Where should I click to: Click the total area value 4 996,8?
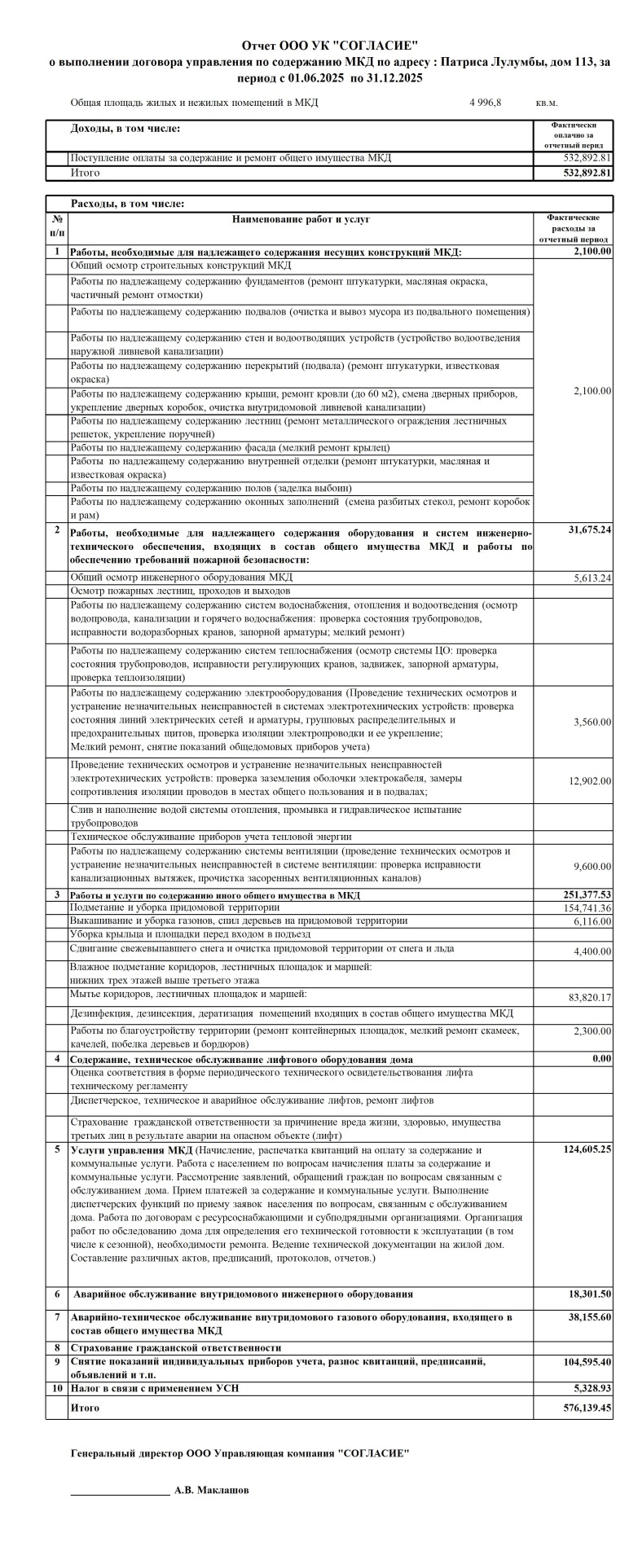pyautogui.click(x=486, y=103)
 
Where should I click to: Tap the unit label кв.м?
pyautogui.click(x=547, y=103)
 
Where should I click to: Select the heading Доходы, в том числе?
pyautogui.click(x=125, y=129)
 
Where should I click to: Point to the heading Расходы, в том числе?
pyautogui.click(x=128, y=204)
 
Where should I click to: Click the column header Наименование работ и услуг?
pyautogui.click(x=301, y=219)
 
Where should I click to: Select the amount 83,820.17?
pyautogui.click(x=589, y=997)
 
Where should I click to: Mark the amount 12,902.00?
pyautogui.click(x=590, y=781)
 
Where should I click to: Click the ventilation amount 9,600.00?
pyautogui.click(x=592, y=866)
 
